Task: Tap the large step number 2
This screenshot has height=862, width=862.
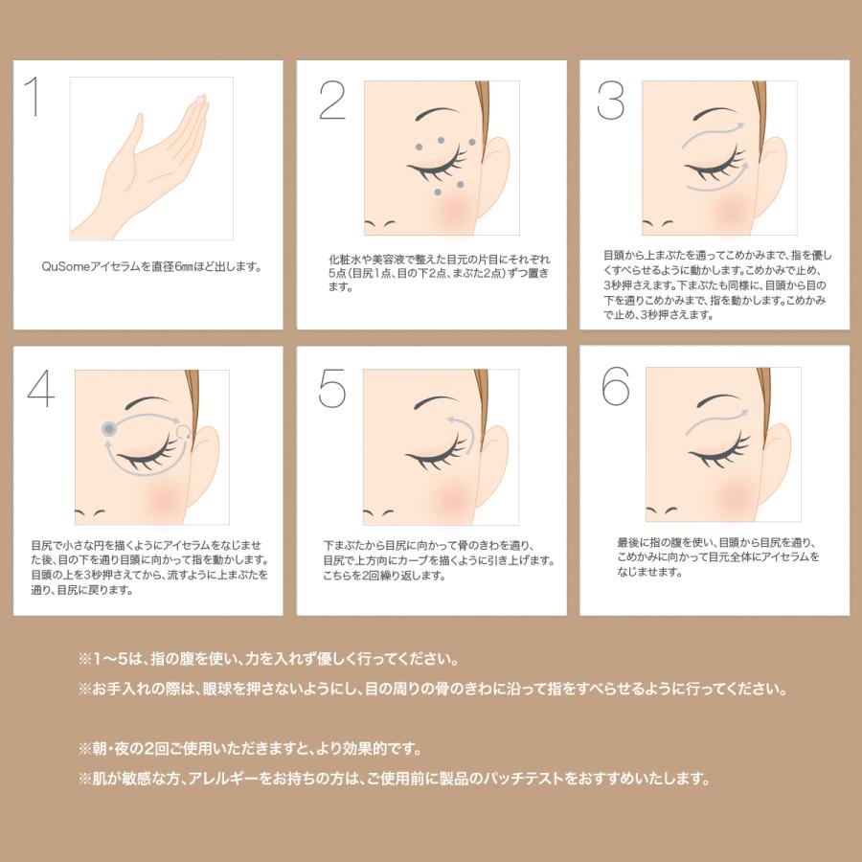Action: coord(332,100)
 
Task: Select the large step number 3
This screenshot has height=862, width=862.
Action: coord(610,100)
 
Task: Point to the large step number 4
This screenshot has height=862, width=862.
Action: coord(41,388)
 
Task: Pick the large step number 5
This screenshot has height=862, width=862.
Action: coord(332,388)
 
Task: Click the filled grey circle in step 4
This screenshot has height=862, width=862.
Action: coord(109,429)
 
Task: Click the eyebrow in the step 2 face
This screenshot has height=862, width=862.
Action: coord(438,113)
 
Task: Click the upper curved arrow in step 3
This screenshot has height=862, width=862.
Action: coord(713,132)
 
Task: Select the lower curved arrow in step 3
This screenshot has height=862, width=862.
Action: coord(717,181)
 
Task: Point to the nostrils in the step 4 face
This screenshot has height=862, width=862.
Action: coord(90,513)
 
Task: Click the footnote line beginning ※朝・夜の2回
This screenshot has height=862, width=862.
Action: coord(250,749)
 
